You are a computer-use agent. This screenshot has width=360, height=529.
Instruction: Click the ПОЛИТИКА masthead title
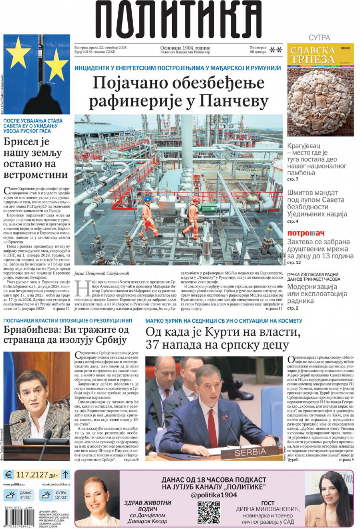click(179, 19)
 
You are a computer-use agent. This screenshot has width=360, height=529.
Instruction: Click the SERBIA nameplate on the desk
click(250, 452)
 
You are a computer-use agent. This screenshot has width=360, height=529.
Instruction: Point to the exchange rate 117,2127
click(32, 474)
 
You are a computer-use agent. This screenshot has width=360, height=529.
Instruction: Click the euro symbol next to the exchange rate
click(9, 474)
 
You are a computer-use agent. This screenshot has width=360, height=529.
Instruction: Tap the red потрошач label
click(305, 233)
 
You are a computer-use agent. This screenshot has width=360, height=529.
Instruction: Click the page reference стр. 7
click(293, 179)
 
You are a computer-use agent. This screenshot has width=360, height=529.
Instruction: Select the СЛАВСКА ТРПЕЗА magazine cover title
click(312, 55)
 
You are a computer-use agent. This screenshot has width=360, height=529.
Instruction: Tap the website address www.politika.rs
click(14, 484)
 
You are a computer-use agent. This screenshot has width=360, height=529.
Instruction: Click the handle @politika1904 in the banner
click(214, 495)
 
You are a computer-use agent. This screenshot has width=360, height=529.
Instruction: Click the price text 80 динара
click(258, 52)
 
